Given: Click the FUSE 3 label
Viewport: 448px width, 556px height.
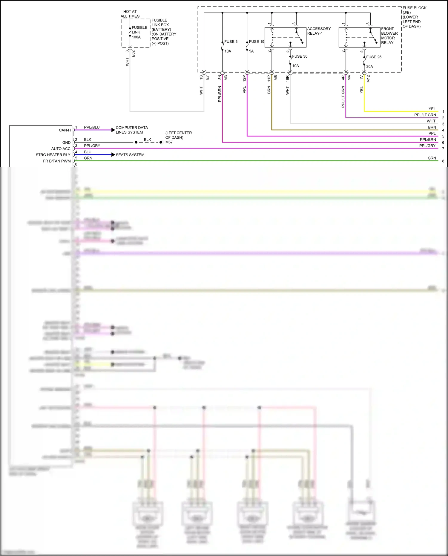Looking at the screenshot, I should click(231, 42).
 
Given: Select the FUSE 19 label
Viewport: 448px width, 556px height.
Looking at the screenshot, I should click(257, 42).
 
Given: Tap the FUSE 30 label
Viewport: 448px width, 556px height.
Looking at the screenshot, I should click(300, 56).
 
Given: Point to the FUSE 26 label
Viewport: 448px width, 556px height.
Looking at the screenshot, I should click(374, 57).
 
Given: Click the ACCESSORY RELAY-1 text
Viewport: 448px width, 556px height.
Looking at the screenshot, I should click(319, 31).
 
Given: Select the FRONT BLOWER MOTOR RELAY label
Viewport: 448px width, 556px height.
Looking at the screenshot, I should click(389, 36).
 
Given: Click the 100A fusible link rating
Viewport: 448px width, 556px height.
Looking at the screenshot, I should click(136, 37).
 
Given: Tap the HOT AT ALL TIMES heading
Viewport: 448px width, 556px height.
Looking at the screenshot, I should click(130, 14).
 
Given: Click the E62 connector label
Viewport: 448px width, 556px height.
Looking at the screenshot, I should click(133, 53).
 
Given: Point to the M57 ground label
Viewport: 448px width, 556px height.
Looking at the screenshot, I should click(169, 142).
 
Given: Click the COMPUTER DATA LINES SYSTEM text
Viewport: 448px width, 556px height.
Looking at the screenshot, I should click(131, 130).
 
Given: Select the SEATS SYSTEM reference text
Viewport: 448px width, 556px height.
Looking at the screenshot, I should click(130, 155).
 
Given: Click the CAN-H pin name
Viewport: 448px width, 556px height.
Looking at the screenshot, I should click(65, 130).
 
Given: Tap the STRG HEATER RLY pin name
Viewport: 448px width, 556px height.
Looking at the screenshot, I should click(53, 155).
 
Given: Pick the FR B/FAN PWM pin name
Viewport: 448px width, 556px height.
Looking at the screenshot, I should click(57, 161).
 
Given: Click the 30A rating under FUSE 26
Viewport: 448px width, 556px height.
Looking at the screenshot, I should click(369, 66).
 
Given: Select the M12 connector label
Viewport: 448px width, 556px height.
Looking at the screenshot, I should click(368, 79).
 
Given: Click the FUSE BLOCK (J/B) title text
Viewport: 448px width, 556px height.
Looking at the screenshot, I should click(414, 10).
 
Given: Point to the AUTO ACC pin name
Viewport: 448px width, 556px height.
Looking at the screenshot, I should click(61, 148).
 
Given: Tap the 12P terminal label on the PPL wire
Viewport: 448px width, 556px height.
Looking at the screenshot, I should click(244, 78).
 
